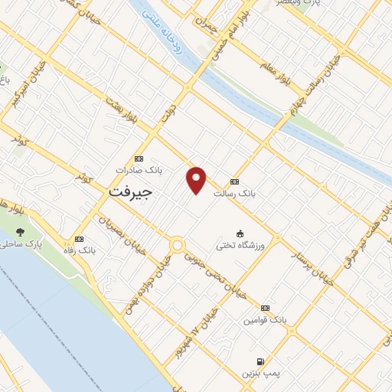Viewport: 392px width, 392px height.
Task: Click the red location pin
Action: (x=197, y=179)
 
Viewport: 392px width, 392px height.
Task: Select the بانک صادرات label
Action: (x=136, y=169)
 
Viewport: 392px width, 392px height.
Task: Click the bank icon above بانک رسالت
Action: (x=234, y=182)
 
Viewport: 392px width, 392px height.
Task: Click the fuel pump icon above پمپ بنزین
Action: (x=260, y=361)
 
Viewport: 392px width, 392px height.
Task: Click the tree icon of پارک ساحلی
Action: (x=19, y=232)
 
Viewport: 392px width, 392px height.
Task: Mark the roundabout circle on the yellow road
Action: (x=178, y=245)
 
